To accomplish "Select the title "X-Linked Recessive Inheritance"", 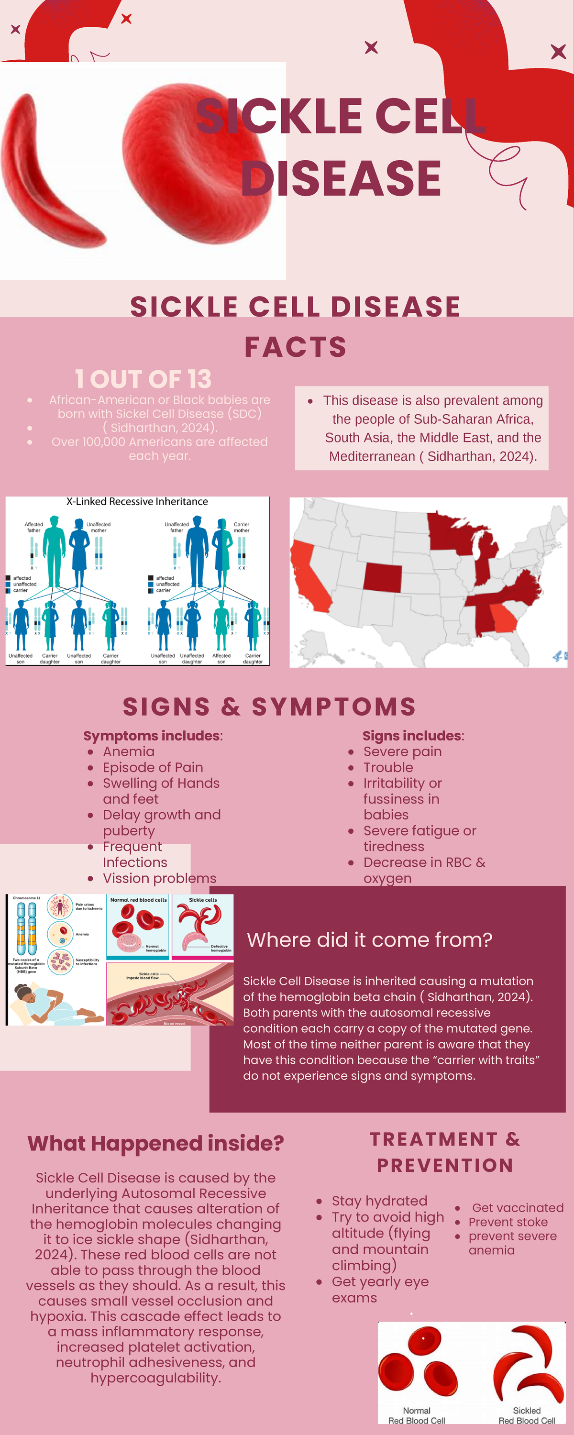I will coord(137,502).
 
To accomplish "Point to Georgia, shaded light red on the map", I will coord(504,617).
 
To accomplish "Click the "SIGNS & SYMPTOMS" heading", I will coord(269,706).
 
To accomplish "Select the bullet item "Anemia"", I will coord(128,751).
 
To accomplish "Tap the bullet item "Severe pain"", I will coord(402,751).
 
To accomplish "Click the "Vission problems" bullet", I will coord(159,878).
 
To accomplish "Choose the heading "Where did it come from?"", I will coord(369,940).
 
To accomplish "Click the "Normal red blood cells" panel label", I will coord(138,900).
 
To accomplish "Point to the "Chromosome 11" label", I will coord(26,898).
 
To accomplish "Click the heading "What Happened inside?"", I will coord(155,1143).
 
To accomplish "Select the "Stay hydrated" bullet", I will coord(379,1201).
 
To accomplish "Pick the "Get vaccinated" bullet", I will coord(517,1208).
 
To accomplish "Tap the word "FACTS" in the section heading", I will coord(295,347).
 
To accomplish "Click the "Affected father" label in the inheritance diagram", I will coord(33,527).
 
